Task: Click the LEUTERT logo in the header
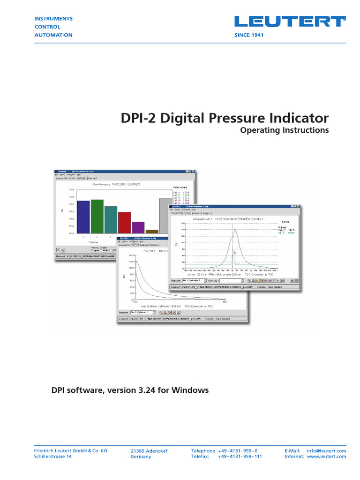290,22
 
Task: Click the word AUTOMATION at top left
53,35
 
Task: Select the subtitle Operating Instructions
284,130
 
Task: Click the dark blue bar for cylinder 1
83,217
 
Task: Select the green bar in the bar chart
97,216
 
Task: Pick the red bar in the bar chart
124,222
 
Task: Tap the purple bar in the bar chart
138,227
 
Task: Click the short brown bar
152,231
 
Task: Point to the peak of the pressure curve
235,229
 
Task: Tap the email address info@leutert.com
326,451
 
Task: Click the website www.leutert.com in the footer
326,457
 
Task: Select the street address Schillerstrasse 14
53,457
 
